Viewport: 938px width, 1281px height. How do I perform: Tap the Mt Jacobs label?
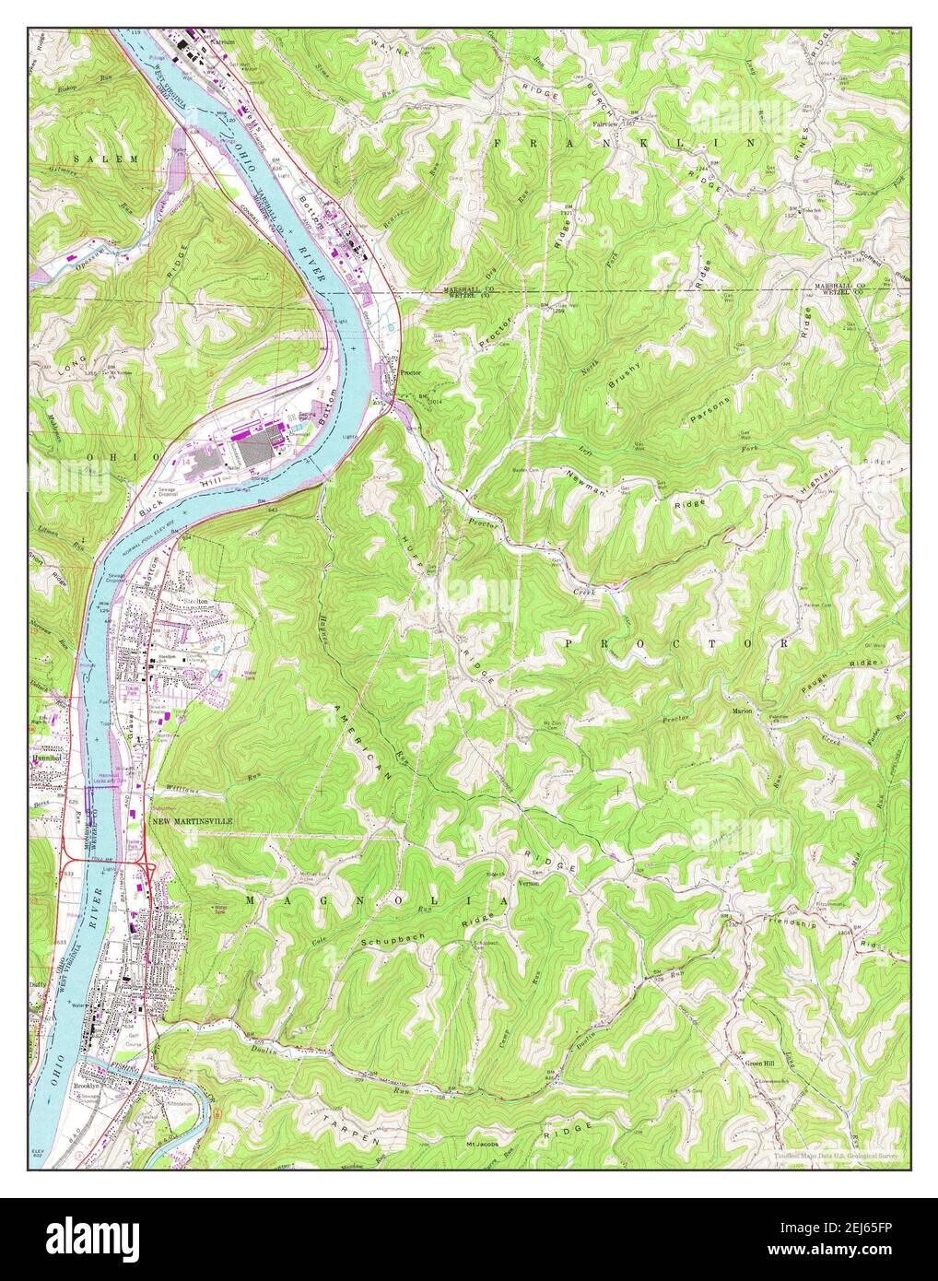[x=485, y=1145]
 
